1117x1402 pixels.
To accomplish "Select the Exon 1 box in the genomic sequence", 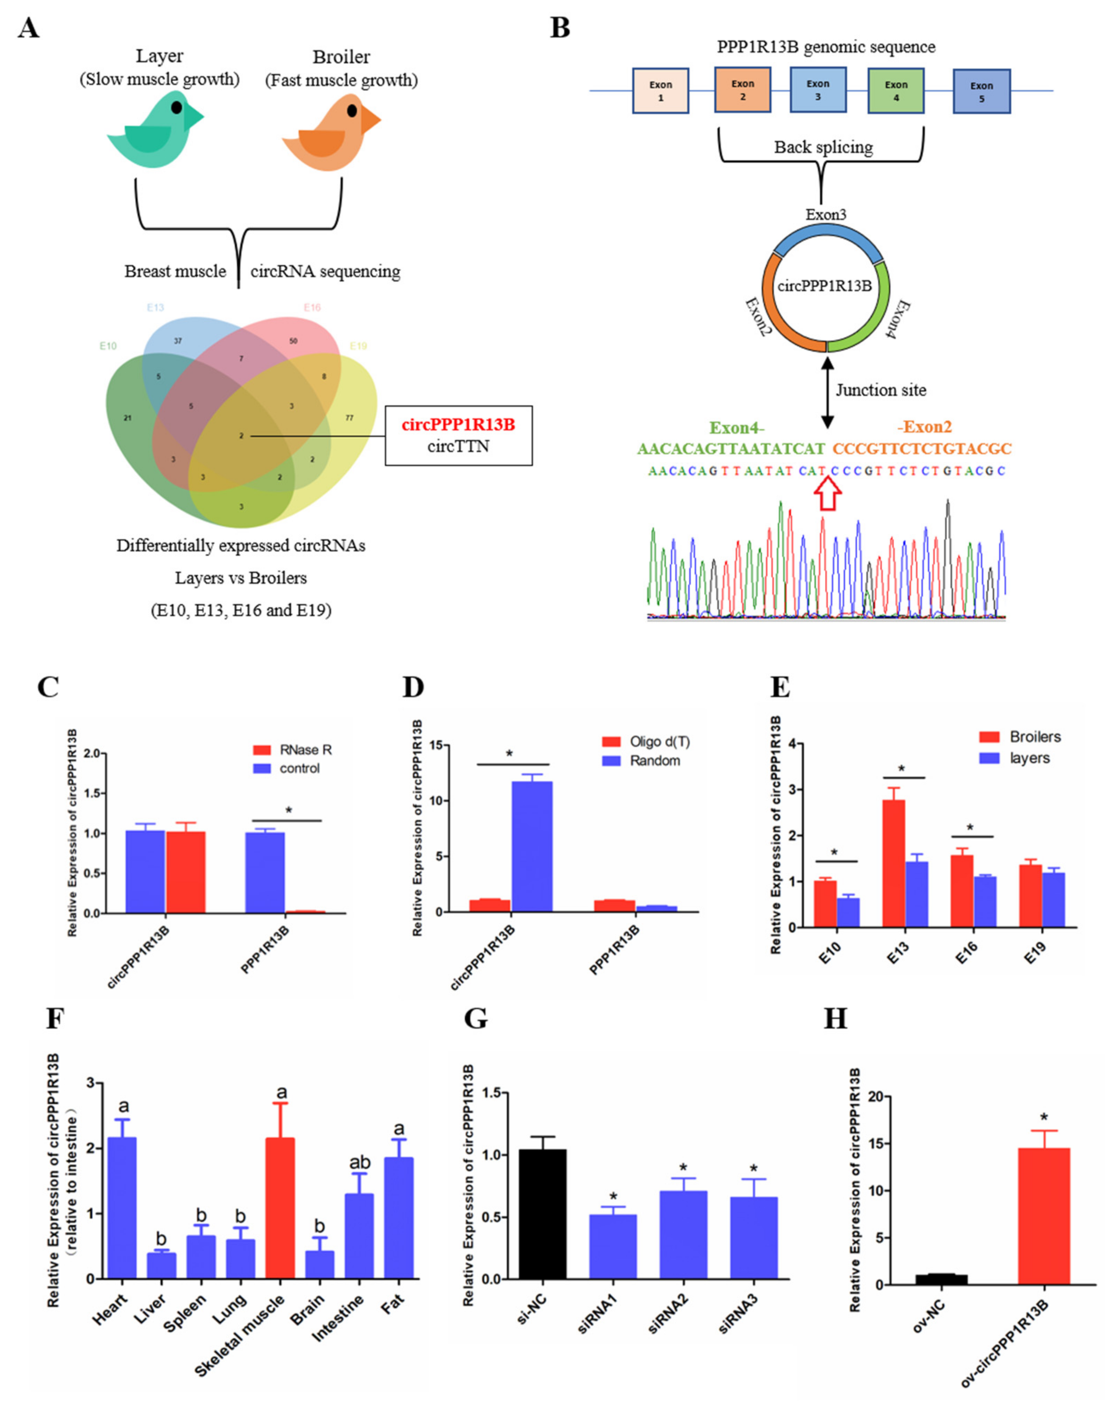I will click(x=660, y=91).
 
